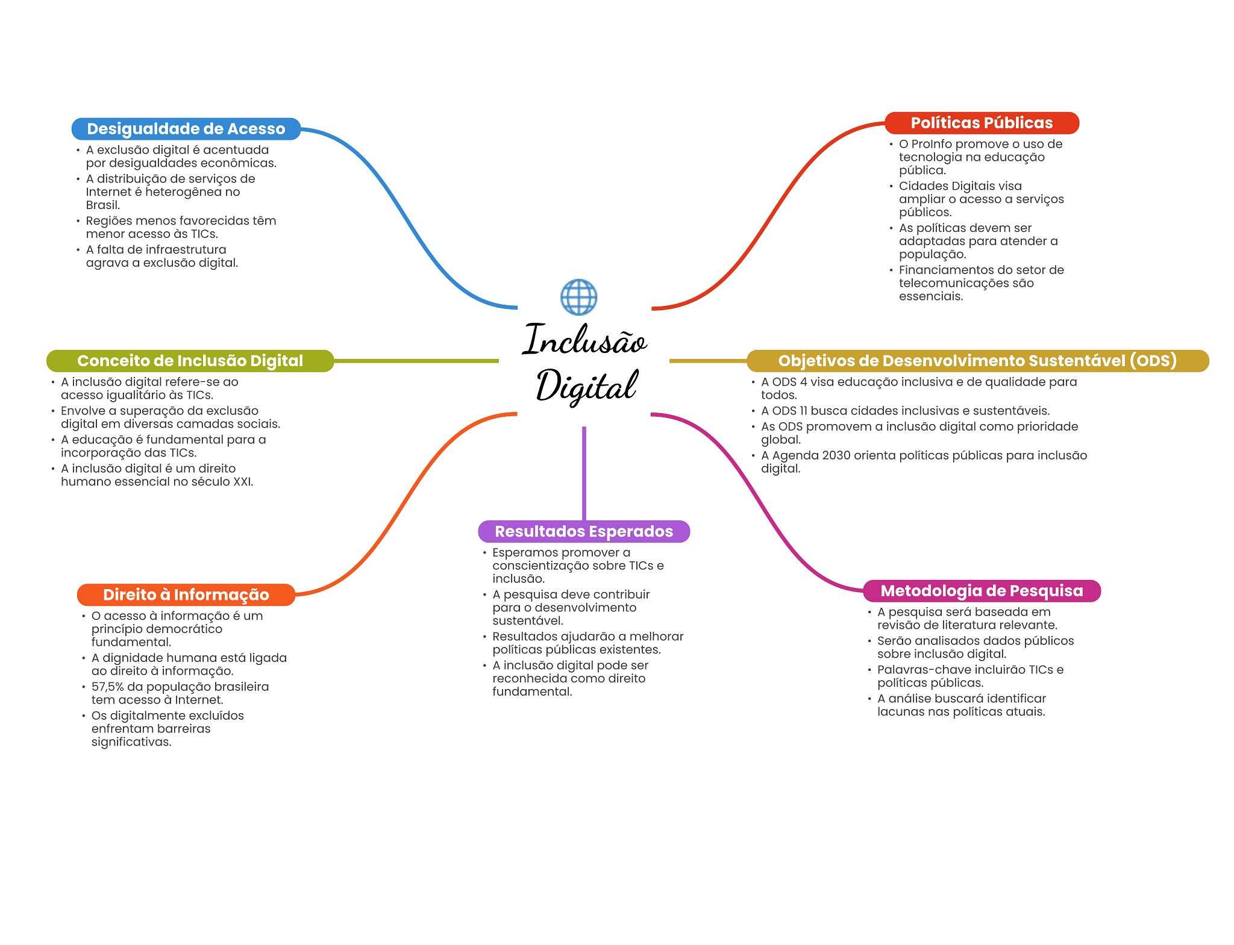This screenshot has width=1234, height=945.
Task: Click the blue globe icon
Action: [x=578, y=297]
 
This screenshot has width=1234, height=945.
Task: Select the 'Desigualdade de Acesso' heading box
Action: [x=186, y=129]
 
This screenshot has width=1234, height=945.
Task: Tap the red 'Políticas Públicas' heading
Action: [x=981, y=123]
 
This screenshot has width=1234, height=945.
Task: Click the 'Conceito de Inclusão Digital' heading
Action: [x=190, y=361]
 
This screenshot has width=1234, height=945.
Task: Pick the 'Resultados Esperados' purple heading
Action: [x=583, y=531]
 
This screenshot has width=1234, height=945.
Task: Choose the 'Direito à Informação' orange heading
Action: [x=186, y=594]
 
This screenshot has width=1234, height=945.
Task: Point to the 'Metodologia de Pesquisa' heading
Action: [x=981, y=591]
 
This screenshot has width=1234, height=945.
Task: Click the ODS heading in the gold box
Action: [x=977, y=361]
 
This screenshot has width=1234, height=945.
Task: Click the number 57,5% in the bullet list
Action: [x=107, y=687]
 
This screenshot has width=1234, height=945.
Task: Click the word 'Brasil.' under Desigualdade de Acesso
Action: [x=103, y=205]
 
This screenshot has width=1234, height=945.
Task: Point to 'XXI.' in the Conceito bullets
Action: [x=243, y=482]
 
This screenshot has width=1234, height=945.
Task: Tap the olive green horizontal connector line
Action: [x=416, y=361]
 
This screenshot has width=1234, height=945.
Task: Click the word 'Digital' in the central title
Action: [x=586, y=386]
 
